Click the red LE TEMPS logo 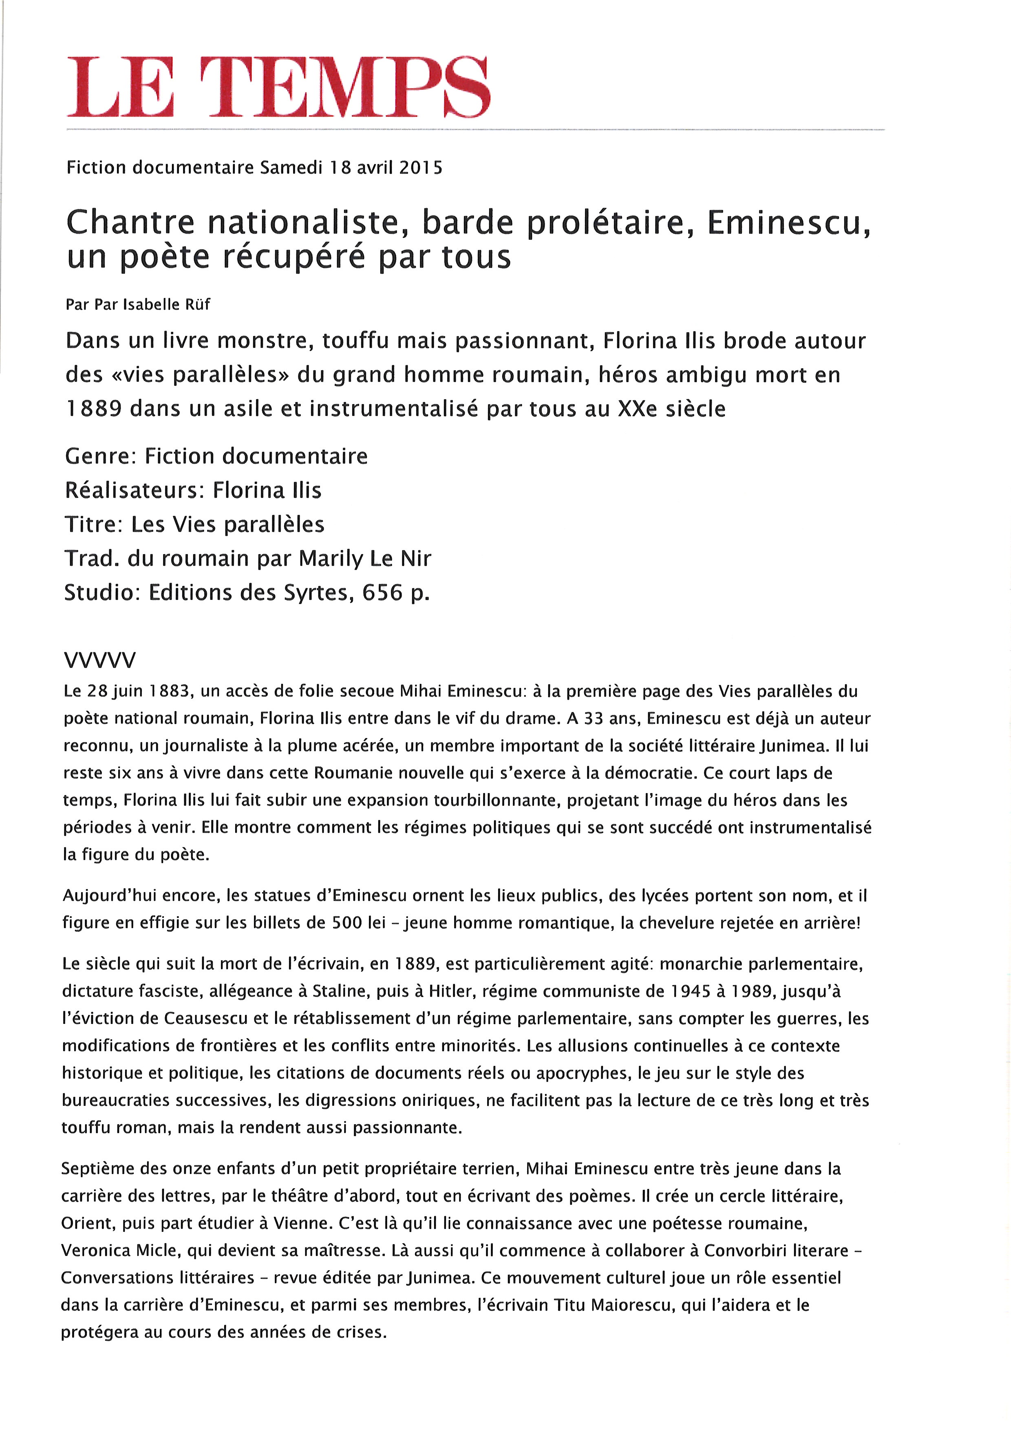click(278, 87)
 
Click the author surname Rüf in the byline click(197, 305)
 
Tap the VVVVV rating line click(99, 660)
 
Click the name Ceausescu click(205, 1018)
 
